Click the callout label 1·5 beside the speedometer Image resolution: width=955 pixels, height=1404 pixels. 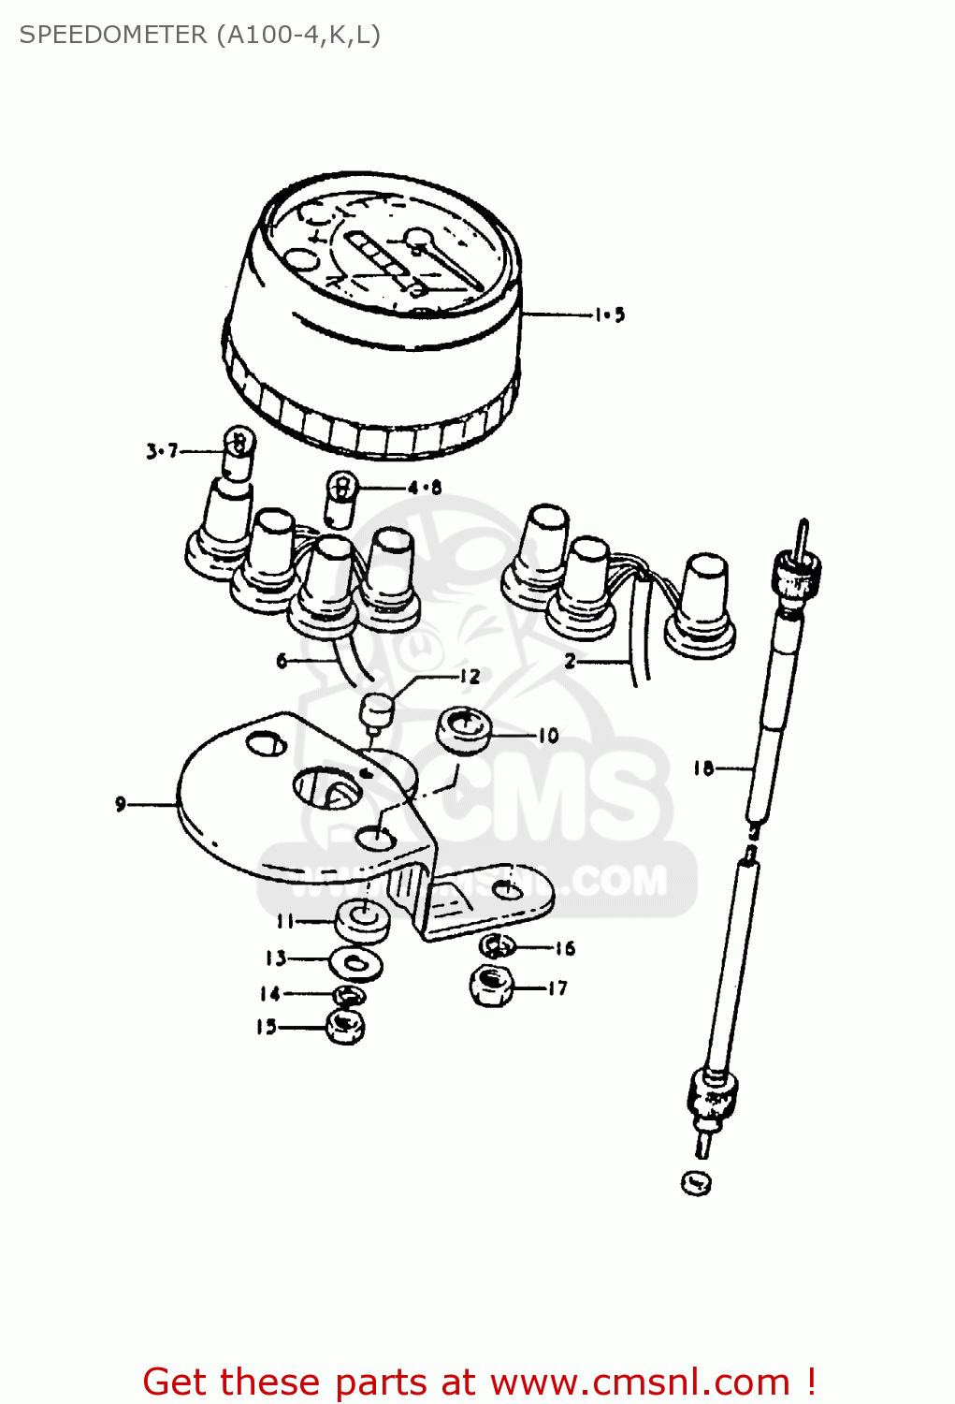pyautogui.click(x=609, y=315)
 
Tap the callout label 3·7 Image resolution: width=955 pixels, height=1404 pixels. pyautogui.click(x=161, y=451)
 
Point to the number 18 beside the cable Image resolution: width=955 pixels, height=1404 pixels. pyautogui.click(x=703, y=768)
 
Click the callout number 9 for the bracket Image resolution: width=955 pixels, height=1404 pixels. pyautogui.click(x=121, y=803)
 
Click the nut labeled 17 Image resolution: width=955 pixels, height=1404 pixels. pyautogui.click(x=490, y=987)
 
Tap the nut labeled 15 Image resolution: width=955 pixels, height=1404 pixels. pyautogui.click(x=345, y=1027)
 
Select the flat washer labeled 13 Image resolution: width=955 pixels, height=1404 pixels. pyautogui.click(x=355, y=961)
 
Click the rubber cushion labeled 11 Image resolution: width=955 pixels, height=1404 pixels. pyautogui.click(x=362, y=921)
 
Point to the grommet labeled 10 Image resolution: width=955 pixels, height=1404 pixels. pyautogui.click(x=465, y=730)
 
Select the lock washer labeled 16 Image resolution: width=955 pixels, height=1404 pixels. pyautogui.click(x=497, y=946)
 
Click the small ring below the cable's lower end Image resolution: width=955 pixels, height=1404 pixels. pyautogui.click(x=696, y=1183)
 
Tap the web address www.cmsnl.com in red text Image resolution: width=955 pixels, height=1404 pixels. pyautogui.click(x=640, y=1382)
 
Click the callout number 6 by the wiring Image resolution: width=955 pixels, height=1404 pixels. pyautogui.click(x=282, y=661)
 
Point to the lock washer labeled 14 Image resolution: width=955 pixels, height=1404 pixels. pyautogui.click(x=349, y=995)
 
